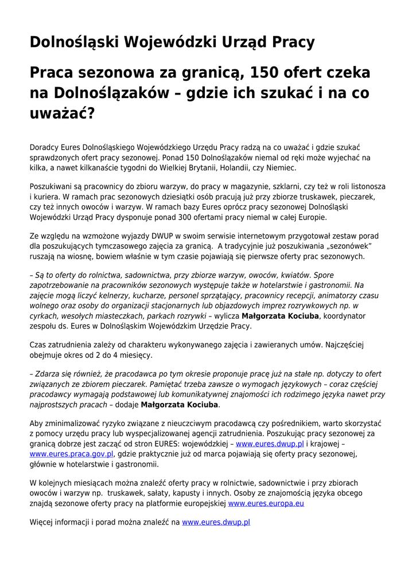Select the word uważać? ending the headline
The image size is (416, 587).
click(61, 113)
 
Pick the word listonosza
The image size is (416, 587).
click(365, 186)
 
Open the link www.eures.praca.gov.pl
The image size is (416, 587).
click(72, 454)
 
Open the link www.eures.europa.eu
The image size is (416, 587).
click(266, 503)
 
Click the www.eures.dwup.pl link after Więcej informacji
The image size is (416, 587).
click(216, 522)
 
